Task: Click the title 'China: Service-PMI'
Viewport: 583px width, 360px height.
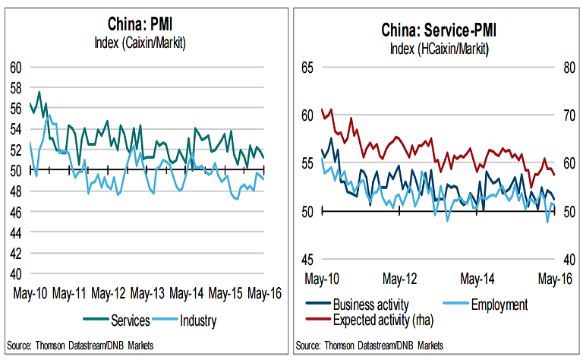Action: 439,32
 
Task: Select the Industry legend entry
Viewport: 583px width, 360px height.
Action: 194,320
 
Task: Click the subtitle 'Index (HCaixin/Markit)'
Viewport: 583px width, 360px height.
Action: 439,49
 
